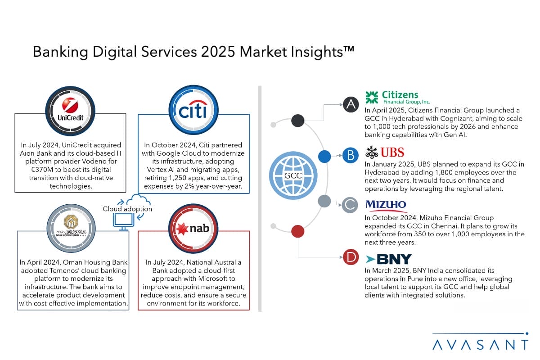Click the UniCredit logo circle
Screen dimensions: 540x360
[70, 111]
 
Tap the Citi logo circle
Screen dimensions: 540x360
[193, 110]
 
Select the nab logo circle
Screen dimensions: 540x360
[193, 228]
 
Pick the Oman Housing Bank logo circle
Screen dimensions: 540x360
[71, 228]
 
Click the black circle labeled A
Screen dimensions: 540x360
[351, 105]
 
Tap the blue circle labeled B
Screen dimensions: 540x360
[351, 155]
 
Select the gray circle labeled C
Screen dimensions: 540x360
[350, 205]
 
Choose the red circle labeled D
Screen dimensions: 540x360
[351, 257]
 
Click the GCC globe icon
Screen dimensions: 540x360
[293, 175]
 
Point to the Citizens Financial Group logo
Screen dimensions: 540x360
[398, 98]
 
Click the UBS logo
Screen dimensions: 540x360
[385, 153]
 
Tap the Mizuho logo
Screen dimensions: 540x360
[386, 206]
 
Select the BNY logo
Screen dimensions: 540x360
[389, 259]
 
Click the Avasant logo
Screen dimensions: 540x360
[481, 342]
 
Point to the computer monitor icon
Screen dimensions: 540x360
[123, 222]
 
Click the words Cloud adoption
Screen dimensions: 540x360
[127, 209]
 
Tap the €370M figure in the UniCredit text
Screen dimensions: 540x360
[42, 170]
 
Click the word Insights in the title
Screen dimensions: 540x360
[317, 52]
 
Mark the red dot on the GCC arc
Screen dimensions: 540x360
[298, 231]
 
